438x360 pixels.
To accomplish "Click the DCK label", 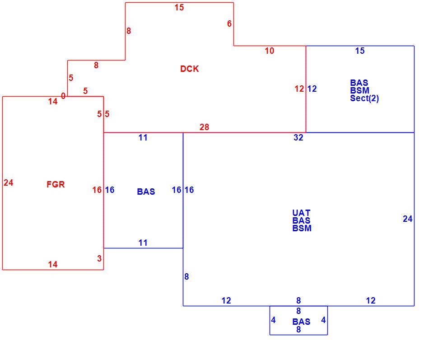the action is (x=189, y=69).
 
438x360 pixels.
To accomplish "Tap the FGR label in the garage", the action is (x=56, y=184).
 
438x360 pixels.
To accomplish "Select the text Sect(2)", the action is (x=364, y=98).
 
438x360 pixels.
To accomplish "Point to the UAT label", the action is (x=301, y=213).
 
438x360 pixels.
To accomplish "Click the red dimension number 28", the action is (x=204, y=127).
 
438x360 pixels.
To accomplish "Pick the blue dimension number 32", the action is (x=298, y=137).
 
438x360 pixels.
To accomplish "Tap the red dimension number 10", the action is (x=270, y=51).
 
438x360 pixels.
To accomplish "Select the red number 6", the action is (x=229, y=24).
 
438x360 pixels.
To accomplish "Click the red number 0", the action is (x=63, y=96).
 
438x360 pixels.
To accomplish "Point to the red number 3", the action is (x=99, y=258).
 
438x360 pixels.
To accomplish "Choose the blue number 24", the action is (x=408, y=219).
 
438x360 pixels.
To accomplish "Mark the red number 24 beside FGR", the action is (x=9, y=183).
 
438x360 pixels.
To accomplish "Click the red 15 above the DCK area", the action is (x=179, y=8).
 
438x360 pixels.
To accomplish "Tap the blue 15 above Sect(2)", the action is (x=360, y=51).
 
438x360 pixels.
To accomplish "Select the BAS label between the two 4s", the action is (x=301, y=322).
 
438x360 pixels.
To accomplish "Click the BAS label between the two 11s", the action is (x=146, y=192).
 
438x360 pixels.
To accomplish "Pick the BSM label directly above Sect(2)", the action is (x=360, y=90).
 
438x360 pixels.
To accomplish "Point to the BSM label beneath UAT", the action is (x=302, y=229).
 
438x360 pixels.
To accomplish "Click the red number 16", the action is (x=97, y=190).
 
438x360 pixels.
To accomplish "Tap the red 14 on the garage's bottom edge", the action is (x=53, y=264).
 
